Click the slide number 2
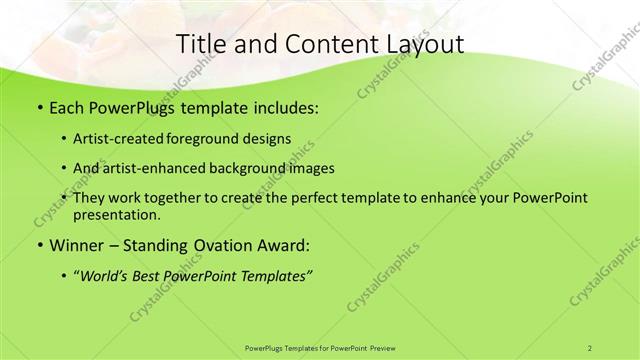pos(590,347)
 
